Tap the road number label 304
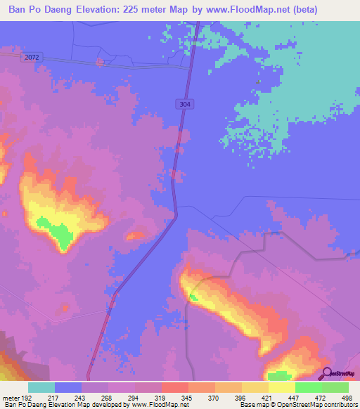tap(184, 104)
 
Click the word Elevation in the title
tap(101, 10)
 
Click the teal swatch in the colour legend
tap(41, 387)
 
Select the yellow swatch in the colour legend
tap(282, 387)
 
